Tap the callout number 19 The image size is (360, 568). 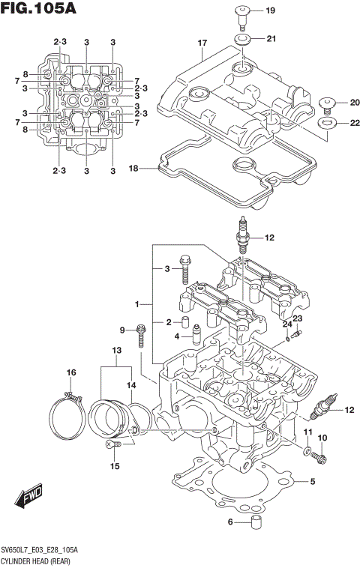pyautogui.click(x=271, y=10)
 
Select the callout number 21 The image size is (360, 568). pyautogui.click(x=271, y=38)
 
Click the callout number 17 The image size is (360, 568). pyautogui.click(x=202, y=43)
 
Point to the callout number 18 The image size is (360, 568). pyautogui.click(x=133, y=169)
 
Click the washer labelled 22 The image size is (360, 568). pyautogui.click(x=326, y=122)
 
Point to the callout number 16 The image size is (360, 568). pyautogui.click(x=72, y=372)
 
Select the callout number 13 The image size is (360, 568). pyautogui.click(x=116, y=351)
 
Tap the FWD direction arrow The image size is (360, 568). pyautogui.click(x=30, y=496)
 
